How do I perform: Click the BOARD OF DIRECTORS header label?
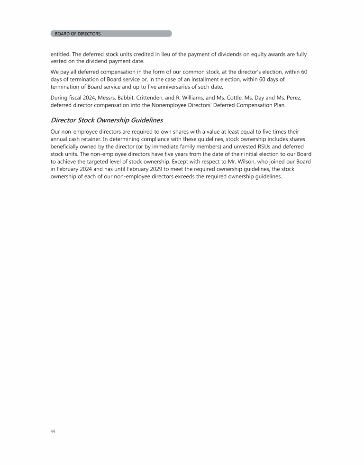click(x=78, y=34)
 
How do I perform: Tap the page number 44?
click(x=53, y=431)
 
